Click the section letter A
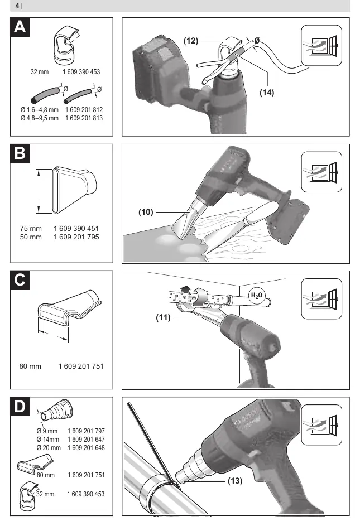click(20, 27)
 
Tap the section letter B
click(20, 153)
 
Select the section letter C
click(20, 280)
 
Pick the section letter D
click(20, 406)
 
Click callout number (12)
click(191, 41)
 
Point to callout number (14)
click(267, 93)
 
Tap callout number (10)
click(146, 212)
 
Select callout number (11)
click(163, 317)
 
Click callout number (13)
click(235, 481)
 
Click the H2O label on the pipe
click(257, 296)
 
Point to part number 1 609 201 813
click(84, 118)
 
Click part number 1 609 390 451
click(76, 229)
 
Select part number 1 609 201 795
click(76, 237)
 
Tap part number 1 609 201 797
click(86, 431)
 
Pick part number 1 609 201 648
click(86, 448)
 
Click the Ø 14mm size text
click(47, 440)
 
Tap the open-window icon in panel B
click(321, 172)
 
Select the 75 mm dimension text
click(31, 229)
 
